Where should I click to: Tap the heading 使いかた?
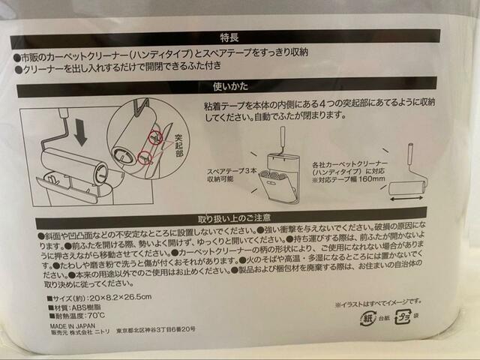[229, 88]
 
